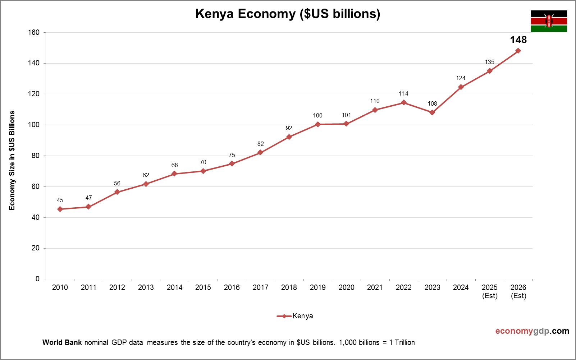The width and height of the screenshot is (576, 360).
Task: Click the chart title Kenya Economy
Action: coord(288,14)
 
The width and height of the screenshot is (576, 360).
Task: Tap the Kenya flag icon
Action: coord(549,21)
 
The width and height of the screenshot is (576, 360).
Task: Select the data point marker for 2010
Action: coord(60,209)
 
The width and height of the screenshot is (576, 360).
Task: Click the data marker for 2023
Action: coord(432,112)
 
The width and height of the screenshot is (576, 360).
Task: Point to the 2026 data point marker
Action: coord(518,51)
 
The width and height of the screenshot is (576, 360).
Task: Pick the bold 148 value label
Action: coord(518,40)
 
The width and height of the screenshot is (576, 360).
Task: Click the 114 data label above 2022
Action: coord(403,94)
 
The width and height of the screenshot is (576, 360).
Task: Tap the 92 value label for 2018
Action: coord(289,128)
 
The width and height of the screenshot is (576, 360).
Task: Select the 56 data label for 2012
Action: coord(117,184)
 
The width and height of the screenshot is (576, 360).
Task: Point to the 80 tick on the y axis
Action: coord(35,156)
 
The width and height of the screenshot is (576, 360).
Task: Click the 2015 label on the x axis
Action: coord(203,287)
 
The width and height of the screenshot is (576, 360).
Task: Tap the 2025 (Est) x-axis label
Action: coord(489,291)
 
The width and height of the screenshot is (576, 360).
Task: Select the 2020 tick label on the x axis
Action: coord(346,287)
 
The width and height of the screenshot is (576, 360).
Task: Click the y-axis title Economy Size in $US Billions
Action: coord(12,161)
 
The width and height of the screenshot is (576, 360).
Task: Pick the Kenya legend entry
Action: coord(295,316)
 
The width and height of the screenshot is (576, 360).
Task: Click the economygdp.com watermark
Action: coord(532,331)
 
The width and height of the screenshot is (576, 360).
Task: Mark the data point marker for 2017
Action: coord(260,153)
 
